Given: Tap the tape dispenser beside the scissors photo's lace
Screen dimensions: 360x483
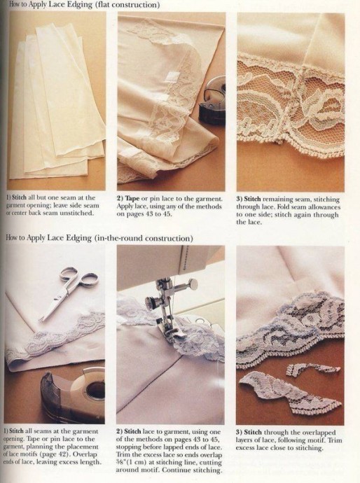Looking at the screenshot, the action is [x=73, y=393].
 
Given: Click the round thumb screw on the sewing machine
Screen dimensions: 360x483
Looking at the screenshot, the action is [x=193, y=283].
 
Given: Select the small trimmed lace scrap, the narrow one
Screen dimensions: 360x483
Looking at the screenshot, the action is [x=313, y=369].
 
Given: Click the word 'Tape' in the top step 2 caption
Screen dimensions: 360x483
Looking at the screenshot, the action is [x=132, y=199].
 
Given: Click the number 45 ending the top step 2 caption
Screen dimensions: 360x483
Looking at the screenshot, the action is [x=167, y=214].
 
